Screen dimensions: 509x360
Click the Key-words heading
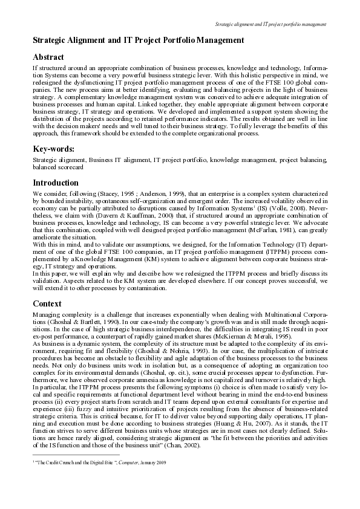click(54, 149)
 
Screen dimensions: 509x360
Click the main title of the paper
click(138, 40)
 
